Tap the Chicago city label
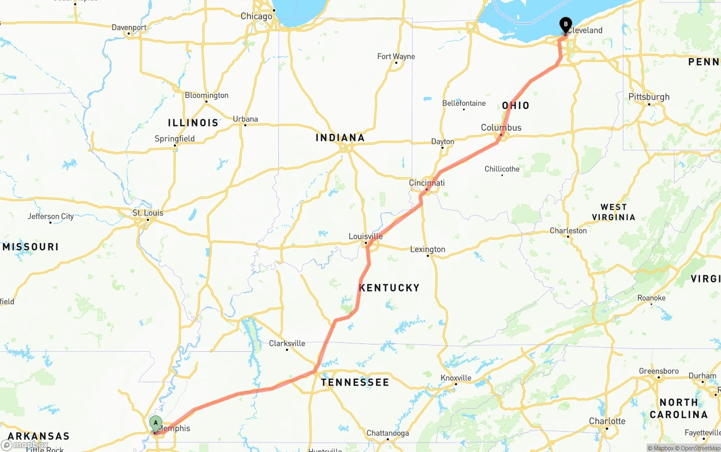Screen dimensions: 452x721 (256, 16)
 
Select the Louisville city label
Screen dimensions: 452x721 (366, 236)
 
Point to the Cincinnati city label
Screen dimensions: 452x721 (427, 183)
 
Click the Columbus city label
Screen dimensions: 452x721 (501, 128)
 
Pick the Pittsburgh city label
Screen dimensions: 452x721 (649, 97)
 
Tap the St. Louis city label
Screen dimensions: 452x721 (148, 213)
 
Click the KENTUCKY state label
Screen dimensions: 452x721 (389, 288)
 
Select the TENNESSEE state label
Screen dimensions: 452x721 (355, 382)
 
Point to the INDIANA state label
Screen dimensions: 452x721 (340, 137)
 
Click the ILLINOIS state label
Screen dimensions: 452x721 (193, 123)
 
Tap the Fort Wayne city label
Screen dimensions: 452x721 (396, 56)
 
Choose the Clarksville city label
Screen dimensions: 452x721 (287, 343)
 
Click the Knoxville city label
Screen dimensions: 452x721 (456, 378)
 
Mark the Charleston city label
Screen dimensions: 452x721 (568, 231)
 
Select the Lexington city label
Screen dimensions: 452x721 (428, 249)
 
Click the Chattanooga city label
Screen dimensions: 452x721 (387, 433)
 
